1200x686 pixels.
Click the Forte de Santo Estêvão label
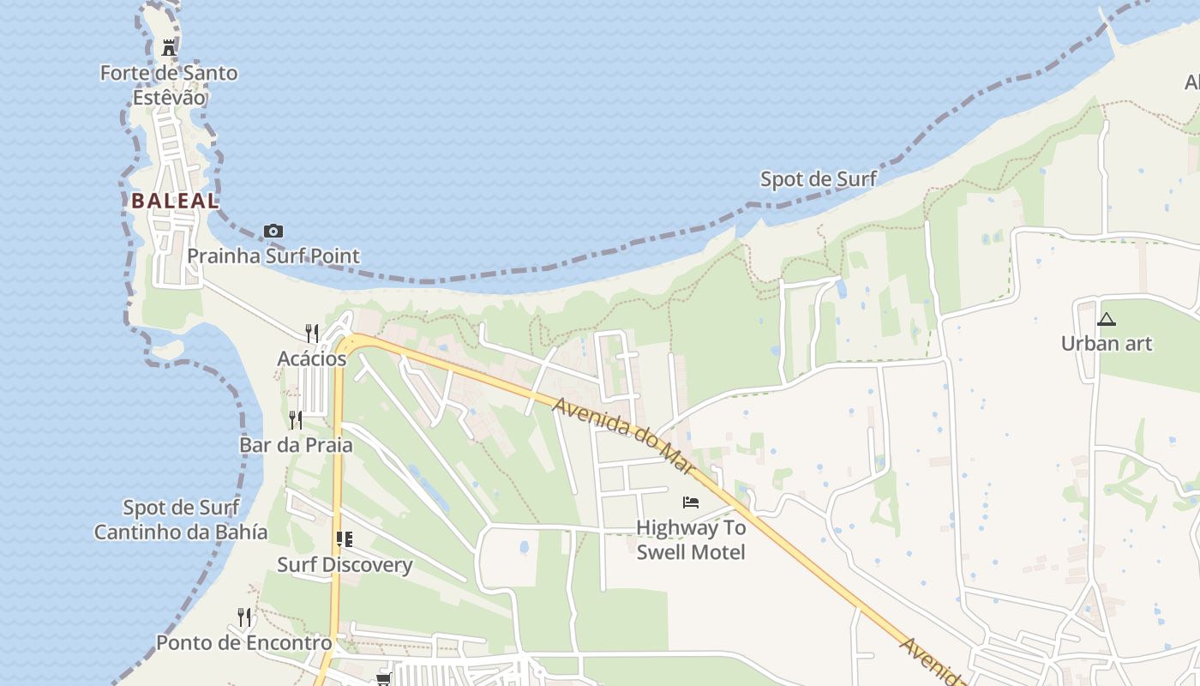pos(169,85)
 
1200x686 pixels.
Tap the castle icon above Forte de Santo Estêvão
pos(169,48)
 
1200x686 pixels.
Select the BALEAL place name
pos(175,202)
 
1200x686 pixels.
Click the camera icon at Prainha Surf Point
pos(273,231)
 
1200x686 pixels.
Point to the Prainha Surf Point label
pos(273,256)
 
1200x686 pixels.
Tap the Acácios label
pos(312,358)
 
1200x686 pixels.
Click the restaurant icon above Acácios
pos(312,333)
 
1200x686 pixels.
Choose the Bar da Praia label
pos(296,445)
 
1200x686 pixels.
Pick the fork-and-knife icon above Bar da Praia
pos(296,419)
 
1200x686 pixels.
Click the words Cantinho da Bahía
pos(180,532)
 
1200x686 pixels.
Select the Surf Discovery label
pos(345,565)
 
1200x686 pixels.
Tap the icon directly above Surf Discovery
pos(345,539)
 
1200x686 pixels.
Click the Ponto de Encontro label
pos(244,642)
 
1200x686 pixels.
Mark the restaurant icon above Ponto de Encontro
pos(244,617)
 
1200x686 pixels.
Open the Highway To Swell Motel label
pos(691,539)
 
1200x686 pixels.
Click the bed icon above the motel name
pos(691,502)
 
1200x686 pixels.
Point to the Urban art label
pos(1106,344)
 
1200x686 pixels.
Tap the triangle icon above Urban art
pos(1107,320)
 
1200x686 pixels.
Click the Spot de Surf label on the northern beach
pos(819,179)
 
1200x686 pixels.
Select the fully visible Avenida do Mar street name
pos(623,435)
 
